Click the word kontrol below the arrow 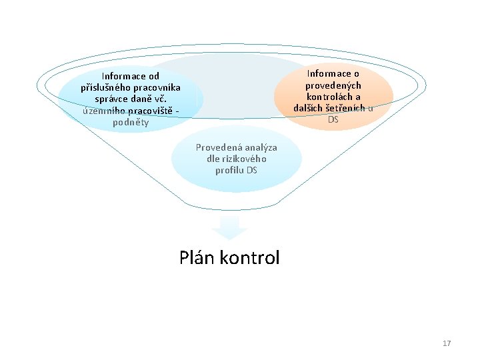(249, 258)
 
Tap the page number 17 (447, 343)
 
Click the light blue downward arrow (229, 229)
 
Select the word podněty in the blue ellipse (131, 122)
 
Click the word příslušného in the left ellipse (105, 87)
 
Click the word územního (103, 111)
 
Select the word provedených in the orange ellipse (333, 85)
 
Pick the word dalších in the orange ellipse (309, 108)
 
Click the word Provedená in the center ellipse (217, 147)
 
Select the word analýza (259, 147)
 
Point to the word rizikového (243, 159)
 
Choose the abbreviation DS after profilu (252, 170)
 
